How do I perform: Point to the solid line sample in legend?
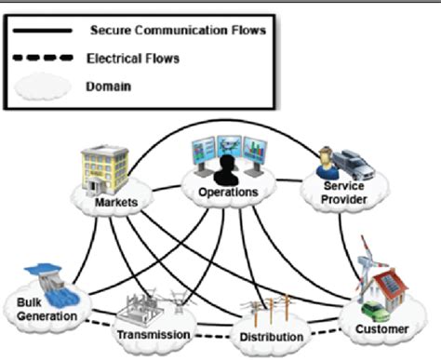click(43, 29)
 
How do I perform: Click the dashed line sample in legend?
click(43, 57)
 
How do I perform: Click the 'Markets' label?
click(117, 203)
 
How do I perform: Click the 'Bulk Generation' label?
click(36, 307)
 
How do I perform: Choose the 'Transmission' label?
click(154, 334)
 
